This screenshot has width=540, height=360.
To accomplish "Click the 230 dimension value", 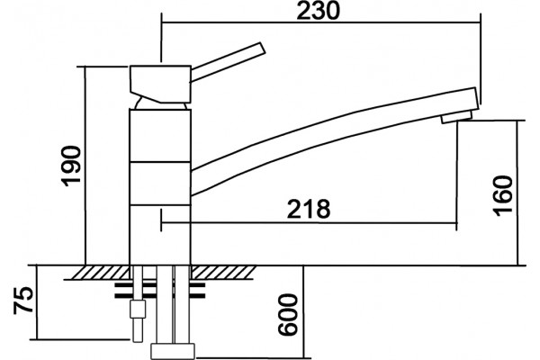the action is [319, 11].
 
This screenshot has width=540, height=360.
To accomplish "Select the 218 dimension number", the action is [309, 209].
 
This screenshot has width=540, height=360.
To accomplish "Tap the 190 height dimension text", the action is [72, 166].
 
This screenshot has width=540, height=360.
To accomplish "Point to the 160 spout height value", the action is [503, 195].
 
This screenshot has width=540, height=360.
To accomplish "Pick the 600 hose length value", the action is [288, 314].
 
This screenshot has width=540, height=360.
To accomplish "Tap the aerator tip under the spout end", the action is [456, 116].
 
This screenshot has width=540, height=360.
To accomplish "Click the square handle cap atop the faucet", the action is [160, 84].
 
